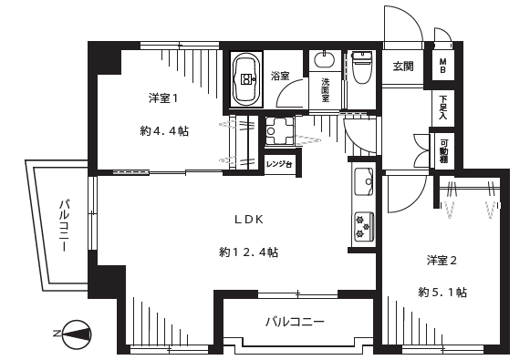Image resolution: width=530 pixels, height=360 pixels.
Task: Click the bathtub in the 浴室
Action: click(x=246, y=79)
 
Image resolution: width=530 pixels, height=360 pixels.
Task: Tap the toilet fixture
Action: click(x=362, y=67)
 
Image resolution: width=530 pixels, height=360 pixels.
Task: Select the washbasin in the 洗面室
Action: click(x=325, y=60)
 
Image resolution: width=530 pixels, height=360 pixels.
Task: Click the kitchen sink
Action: click(x=364, y=181)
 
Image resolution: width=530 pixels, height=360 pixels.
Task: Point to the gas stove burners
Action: click(x=364, y=226)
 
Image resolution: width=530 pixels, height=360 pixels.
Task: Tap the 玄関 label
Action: click(x=403, y=67)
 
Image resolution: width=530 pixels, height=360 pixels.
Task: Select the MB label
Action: click(x=442, y=66)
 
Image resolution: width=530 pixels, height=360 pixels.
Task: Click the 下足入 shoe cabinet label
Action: click(x=442, y=108)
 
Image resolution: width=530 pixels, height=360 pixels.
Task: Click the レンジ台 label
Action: click(x=279, y=165)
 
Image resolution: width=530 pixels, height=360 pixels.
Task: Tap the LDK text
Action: click(x=249, y=220)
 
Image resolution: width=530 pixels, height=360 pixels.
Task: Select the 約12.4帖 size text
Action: click(x=248, y=252)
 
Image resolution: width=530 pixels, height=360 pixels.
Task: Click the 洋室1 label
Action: click(x=163, y=98)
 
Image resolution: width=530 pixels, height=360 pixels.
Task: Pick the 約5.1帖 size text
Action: click(x=442, y=293)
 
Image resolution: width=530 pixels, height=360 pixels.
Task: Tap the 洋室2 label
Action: click(x=442, y=261)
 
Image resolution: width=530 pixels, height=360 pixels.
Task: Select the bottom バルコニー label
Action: click(x=295, y=322)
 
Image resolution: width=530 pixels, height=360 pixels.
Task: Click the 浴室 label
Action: click(x=280, y=76)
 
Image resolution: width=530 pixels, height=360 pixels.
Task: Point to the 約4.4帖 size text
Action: click(x=164, y=130)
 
